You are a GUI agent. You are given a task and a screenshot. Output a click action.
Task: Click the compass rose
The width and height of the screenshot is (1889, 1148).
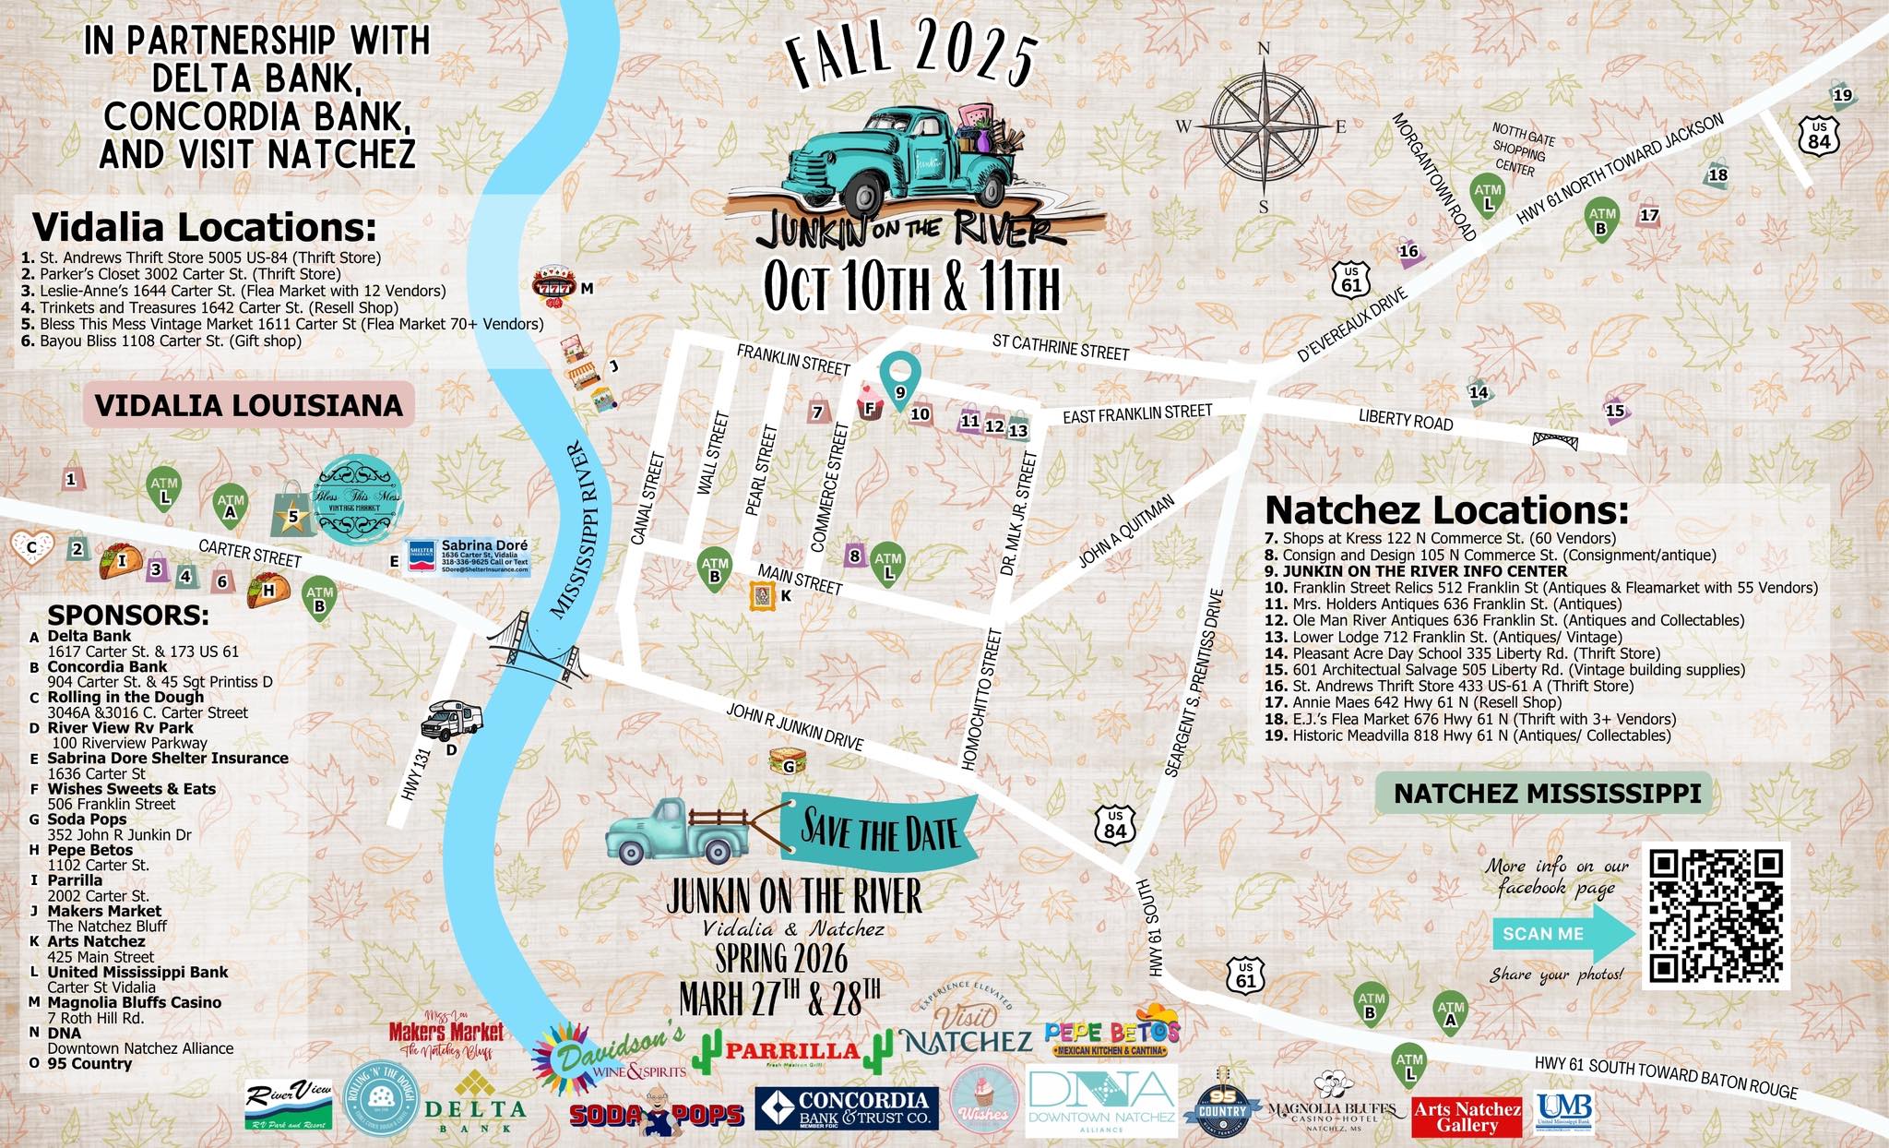(1264, 127)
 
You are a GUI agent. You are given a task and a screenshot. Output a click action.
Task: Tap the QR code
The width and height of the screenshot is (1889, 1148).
(1717, 916)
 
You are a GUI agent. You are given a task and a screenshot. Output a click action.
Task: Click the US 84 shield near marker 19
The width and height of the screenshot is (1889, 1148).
(1818, 135)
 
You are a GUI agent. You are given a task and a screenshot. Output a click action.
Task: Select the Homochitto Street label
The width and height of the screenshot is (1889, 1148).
(980, 699)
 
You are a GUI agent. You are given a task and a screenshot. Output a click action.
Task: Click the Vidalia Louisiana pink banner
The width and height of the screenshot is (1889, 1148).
(248, 406)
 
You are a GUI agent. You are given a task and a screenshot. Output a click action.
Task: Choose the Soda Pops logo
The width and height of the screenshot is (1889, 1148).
(656, 1114)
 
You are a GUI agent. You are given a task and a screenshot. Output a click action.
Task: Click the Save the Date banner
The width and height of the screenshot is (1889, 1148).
(877, 828)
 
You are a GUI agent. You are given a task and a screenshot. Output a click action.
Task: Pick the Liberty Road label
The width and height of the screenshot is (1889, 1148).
(1405, 420)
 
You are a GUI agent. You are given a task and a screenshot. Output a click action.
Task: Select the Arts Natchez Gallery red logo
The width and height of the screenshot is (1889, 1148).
(1467, 1117)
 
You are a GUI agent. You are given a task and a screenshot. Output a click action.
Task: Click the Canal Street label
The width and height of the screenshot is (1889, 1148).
(647, 498)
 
